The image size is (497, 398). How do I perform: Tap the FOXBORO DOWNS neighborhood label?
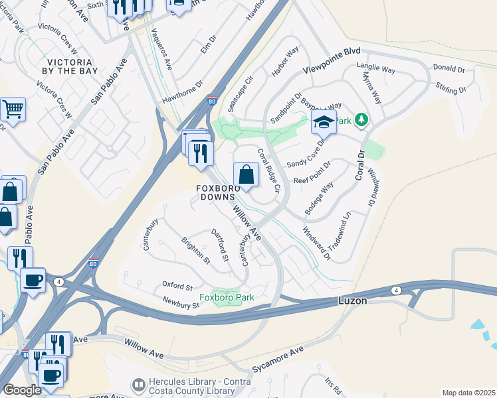[x=215, y=193]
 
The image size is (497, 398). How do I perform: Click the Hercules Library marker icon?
[x=138, y=385]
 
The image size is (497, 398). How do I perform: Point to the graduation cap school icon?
[x=324, y=121]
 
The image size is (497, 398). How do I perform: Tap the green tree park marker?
[x=361, y=119]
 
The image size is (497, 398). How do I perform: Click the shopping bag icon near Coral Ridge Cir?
[x=246, y=175]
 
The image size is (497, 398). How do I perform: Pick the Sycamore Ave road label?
[x=278, y=359]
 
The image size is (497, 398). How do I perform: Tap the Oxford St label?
[x=177, y=285]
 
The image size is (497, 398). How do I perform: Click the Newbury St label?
[x=181, y=303]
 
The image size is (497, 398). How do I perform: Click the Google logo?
[x=22, y=390]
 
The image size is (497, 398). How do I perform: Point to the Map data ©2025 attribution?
[x=468, y=393]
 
